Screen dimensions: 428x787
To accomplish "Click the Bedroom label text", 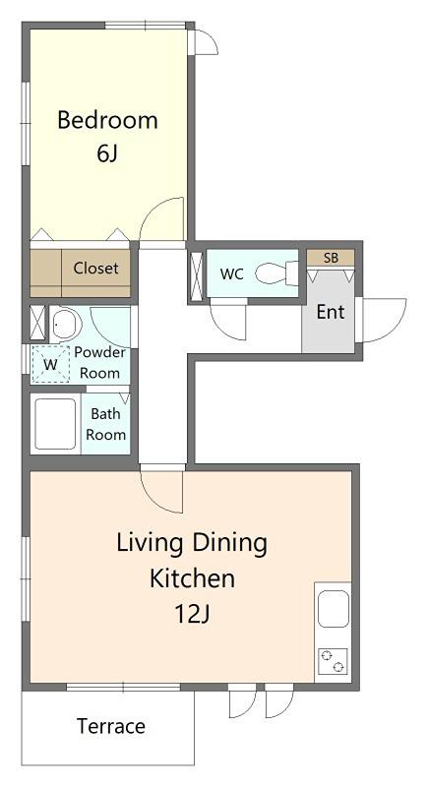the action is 107,120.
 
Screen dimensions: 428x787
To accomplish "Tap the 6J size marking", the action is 107,154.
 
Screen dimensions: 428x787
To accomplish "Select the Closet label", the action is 95,268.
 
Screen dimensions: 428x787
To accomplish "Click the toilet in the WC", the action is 276,273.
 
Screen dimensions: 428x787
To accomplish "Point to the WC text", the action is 232,274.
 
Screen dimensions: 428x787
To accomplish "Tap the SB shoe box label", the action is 331,258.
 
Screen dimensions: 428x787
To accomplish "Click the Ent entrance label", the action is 331,312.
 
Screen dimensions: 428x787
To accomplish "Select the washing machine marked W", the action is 50,364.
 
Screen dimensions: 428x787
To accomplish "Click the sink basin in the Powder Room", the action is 66,323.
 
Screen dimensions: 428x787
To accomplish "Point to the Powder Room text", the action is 99,362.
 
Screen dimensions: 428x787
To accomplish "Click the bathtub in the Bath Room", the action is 55,424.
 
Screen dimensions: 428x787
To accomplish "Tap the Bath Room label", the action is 105,424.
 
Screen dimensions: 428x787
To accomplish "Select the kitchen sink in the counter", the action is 334,609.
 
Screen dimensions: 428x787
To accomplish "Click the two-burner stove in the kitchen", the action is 333,661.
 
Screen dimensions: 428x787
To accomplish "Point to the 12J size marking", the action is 191,613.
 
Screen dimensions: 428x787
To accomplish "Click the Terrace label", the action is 111,726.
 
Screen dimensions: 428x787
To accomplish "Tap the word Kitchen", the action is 192,577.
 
